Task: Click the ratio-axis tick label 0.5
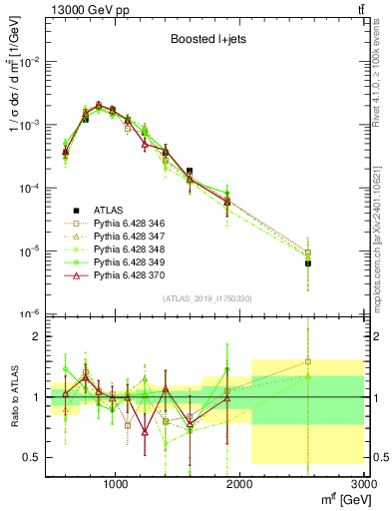pyautogui.click(x=31, y=457)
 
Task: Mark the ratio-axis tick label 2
pyautogui.click(x=35, y=336)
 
